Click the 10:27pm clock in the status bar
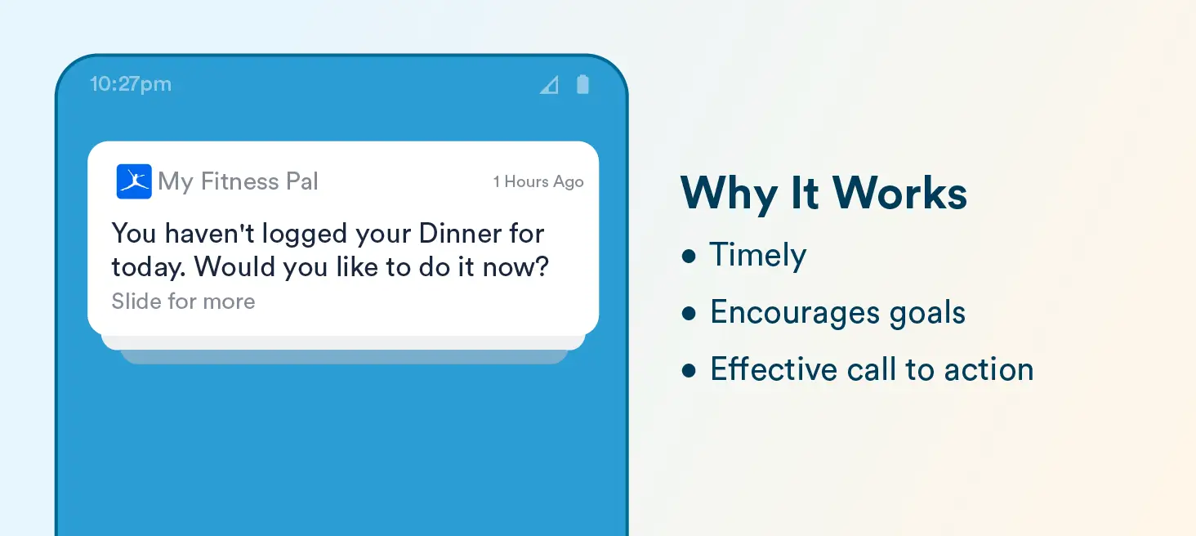click(131, 84)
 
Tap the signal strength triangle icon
click(550, 85)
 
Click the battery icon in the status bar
click(582, 84)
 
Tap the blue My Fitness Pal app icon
click(134, 181)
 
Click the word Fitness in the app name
click(239, 181)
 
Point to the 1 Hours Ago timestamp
click(538, 182)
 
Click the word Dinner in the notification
click(460, 234)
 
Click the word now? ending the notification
click(515, 266)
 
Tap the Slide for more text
click(183, 301)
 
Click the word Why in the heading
click(729, 194)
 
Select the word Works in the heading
click(899, 193)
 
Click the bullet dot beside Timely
click(689, 256)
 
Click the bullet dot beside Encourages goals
click(689, 314)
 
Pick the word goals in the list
click(927, 314)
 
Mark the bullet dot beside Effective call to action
click(689, 370)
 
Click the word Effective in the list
click(774, 368)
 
